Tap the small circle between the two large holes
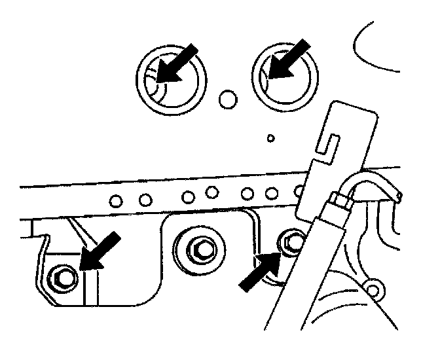(227, 99)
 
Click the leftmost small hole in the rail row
(116, 199)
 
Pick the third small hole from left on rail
(188, 196)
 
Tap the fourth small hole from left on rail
(211, 193)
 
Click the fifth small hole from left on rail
(248, 192)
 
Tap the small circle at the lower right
(374, 287)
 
